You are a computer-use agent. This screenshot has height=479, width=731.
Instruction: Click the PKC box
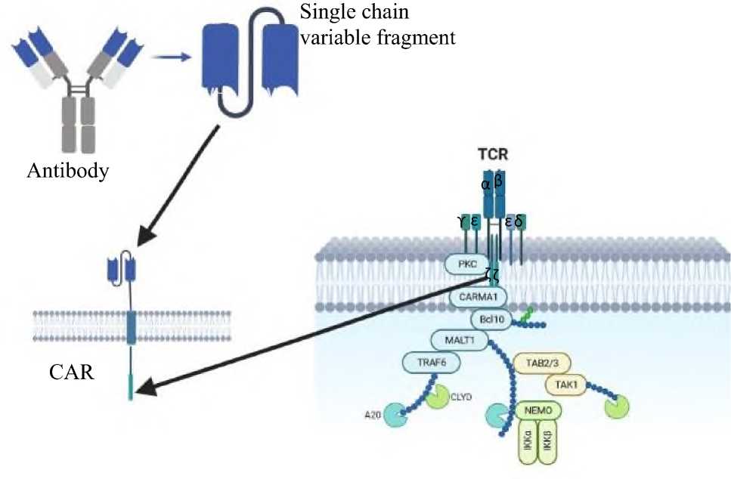click(x=463, y=264)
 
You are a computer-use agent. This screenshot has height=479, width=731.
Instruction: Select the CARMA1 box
click(x=476, y=297)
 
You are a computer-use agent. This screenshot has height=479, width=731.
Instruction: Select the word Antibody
click(x=67, y=172)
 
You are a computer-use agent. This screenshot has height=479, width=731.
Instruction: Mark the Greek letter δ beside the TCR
click(x=519, y=221)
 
